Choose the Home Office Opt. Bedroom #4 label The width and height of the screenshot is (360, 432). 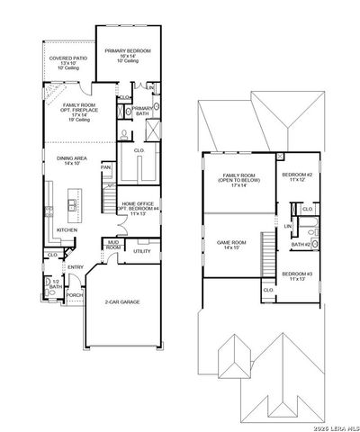138,209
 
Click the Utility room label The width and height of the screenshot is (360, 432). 141,251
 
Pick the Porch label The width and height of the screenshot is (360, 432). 74,294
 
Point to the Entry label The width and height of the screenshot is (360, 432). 76,266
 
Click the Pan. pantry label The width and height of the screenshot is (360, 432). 105,167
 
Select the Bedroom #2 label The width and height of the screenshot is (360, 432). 296,176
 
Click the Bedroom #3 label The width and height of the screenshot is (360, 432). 296,275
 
